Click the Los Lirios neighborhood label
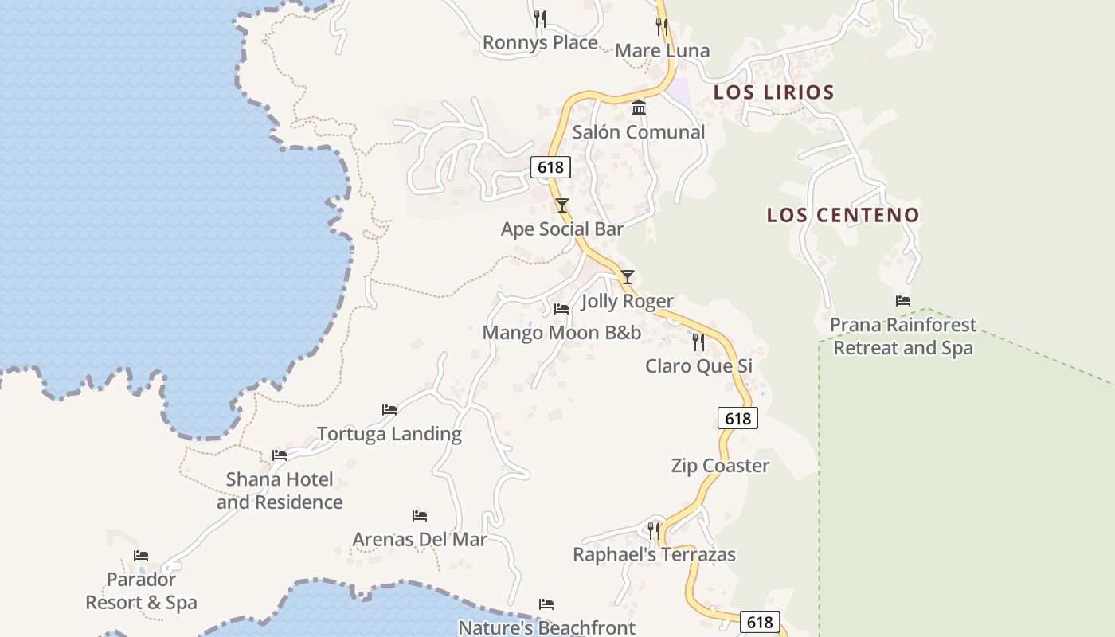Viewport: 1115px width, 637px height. pyautogui.click(x=773, y=92)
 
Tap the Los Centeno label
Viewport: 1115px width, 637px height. pyautogui.click(x=843, y=215)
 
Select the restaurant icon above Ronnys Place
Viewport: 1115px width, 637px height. pyautogui.click(x=540, y=18)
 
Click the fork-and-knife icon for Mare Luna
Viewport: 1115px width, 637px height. pyautogui.click(x=662, y=27)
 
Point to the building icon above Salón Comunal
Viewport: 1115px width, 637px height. pyautogui.click(x=638, y=107)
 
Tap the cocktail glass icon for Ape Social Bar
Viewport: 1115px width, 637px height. pyautogui.click(x=562, y=205)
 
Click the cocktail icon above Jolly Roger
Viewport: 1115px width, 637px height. pyautogui.click(x=628, y=277)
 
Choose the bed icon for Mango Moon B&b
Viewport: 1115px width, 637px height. pyautogui.click(x=561, y=309)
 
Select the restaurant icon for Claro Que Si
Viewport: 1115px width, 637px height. pyautogui.click(x=698, y=342)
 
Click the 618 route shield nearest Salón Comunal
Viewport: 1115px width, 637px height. pyautogui.click(x=550, y=167)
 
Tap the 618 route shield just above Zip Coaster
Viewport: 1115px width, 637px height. pyautogui.click(x=737, y=418)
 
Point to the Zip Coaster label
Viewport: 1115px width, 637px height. pyautogui.click(x=720, y=466)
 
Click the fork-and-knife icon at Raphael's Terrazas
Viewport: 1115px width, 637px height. pyautogui.click(x=654, y=530)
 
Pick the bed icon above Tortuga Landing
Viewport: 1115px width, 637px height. pyautogui.click(x=389, y=410)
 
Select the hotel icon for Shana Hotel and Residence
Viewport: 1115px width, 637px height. pyautogui.click(x=280, y=455)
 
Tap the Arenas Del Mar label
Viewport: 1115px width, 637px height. pyautogui.click(x=420, y=539)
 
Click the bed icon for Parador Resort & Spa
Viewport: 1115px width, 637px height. pyautogui.click(x=141, y=556)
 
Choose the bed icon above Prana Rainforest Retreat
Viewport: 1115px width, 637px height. pyautogui.click(x=903, y=301)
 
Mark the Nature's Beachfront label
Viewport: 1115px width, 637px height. pyautogui.click(x=546, y=627)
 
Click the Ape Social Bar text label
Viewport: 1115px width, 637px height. pyautogui.click(x=562, y=229)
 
